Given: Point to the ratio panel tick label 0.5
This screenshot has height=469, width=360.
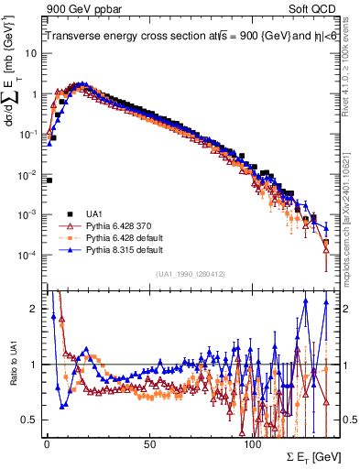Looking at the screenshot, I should coord(29,420).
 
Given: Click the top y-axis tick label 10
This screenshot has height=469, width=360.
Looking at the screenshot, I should coord(30,53).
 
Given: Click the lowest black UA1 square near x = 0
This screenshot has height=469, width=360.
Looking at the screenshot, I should coord(48,180).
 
